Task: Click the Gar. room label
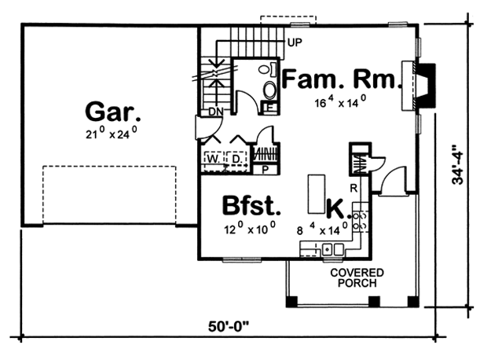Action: coord(112,112)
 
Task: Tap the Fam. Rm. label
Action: coord(342,79)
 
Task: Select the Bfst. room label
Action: coord(251,206)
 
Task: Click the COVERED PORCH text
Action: coord(357,278)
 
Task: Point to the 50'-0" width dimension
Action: coord(229,327)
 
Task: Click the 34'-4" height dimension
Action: coord(457,163)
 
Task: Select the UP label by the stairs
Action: coord(295,42)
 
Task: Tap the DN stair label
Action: coord(216,112)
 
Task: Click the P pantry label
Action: coord(266,170)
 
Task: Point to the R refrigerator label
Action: coord(354,189)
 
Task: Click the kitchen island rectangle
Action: coord(317,194)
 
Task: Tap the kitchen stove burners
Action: coord(361,221)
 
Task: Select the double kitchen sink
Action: coord(333,250)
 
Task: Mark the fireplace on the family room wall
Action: coord(419,86)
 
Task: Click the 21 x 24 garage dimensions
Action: coord(112,133)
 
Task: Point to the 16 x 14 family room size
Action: coord(340,102)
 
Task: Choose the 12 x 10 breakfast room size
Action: coord(250,228)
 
